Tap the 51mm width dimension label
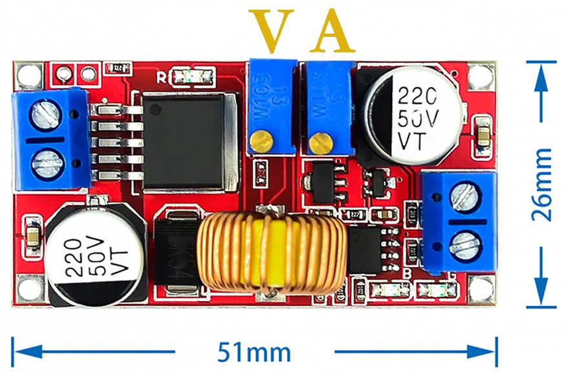pos(254,352)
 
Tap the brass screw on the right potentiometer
pos(318,141)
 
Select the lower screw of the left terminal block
pos(47,161)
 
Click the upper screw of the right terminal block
pos(464,196)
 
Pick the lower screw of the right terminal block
pos(464,243)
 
